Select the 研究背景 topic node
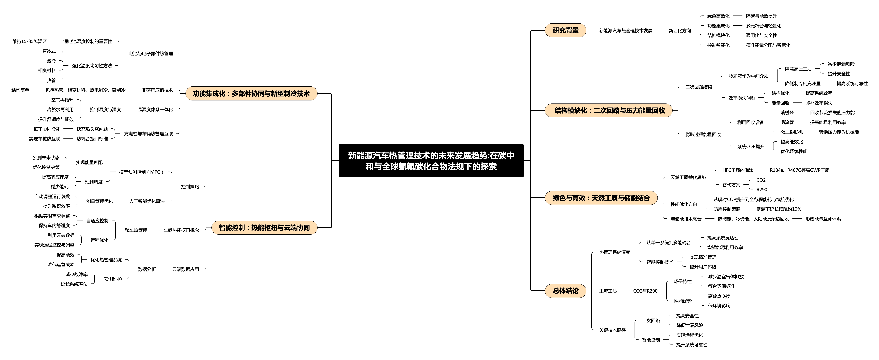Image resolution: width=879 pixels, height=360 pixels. (x=565, y=30)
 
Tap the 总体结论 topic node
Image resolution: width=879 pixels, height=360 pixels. (x=565, y=291)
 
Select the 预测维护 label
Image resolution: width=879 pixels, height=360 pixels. (x=113, y=279)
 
